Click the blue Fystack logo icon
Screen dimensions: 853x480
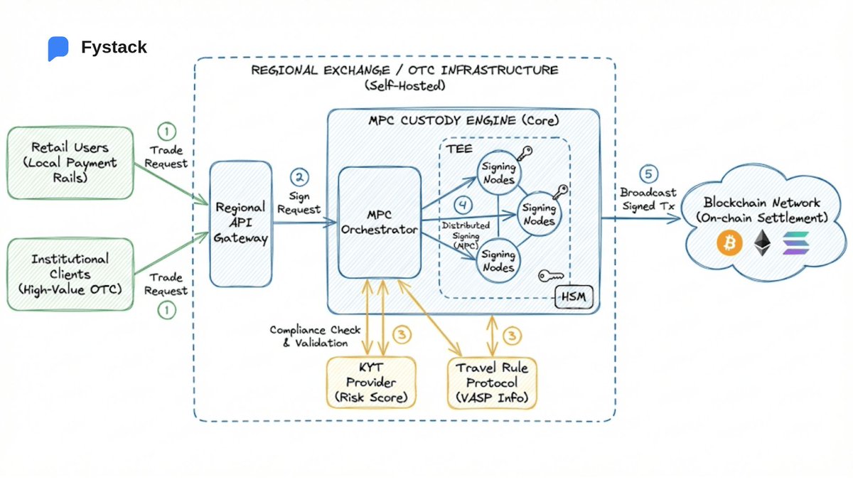point(58,48)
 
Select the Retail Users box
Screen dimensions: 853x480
point(70,163)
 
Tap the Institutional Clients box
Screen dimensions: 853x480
point(70,274)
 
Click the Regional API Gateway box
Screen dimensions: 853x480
point(241,223)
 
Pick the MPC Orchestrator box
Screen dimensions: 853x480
point(380,223)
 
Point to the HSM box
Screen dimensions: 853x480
point(574,297)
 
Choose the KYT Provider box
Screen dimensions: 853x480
point(371,383)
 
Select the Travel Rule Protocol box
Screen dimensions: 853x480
point(492,383)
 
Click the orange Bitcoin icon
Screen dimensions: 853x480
point(729,242)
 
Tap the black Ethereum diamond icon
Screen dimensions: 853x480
point(762,242)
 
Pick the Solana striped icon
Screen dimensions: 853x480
point(796,243)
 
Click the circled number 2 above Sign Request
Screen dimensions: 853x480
point(300,177)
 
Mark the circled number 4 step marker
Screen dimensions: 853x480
point(463,206)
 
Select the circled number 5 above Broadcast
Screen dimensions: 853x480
point(648,174)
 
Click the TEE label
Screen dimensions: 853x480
point(459,149)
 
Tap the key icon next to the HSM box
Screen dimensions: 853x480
point(551,275)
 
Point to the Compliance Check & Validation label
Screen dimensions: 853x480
point(316,336)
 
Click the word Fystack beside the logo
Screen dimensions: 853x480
point(114,47)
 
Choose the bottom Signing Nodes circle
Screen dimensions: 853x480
point(498,261)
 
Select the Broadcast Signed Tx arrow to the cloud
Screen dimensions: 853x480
point(641,218)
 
